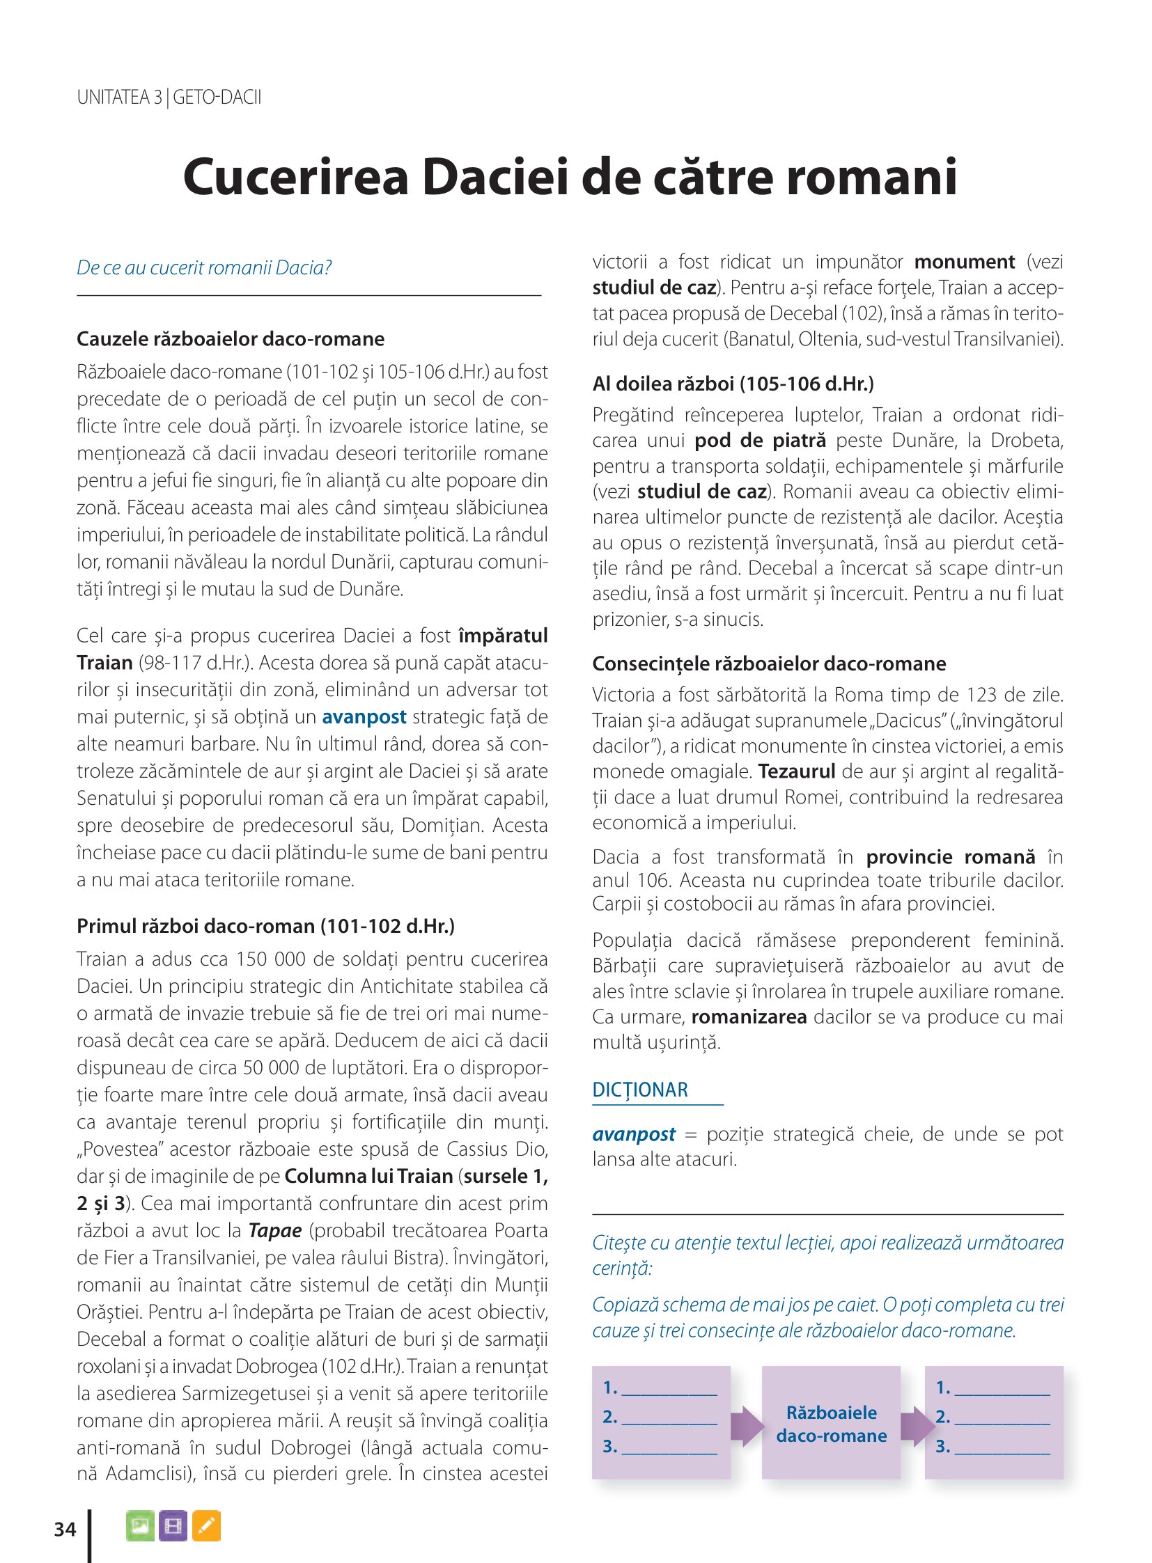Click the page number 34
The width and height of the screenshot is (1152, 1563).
(65, 1529)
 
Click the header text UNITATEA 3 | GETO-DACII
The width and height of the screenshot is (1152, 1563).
(169, 97)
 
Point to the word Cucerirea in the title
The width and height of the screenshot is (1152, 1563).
(296, 177)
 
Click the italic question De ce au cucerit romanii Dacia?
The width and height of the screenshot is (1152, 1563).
(203, 268)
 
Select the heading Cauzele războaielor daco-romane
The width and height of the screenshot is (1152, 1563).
(230, 339)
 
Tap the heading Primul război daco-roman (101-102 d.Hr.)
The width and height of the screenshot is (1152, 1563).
(265, 926)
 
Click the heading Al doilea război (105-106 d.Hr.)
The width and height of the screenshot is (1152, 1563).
(733, 384)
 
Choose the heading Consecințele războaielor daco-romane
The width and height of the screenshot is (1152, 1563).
(768, 663)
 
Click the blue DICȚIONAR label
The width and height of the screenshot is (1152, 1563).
(639, 1090)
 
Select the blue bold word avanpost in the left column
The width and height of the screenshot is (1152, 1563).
(364, 716)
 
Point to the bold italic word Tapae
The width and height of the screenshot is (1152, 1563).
(274, 1230)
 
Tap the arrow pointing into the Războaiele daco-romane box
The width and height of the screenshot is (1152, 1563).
(747, 1426)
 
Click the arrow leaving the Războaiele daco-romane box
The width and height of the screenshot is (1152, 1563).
(917, 1426)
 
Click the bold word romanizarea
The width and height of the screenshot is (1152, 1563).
(748, 1017)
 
